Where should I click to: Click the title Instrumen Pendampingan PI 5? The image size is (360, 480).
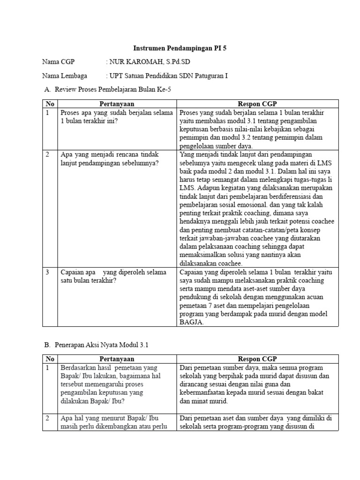[180, 48]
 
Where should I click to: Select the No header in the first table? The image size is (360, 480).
[50, 104]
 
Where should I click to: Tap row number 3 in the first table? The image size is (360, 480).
[48, 271]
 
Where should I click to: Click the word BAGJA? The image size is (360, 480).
[191, 322]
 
